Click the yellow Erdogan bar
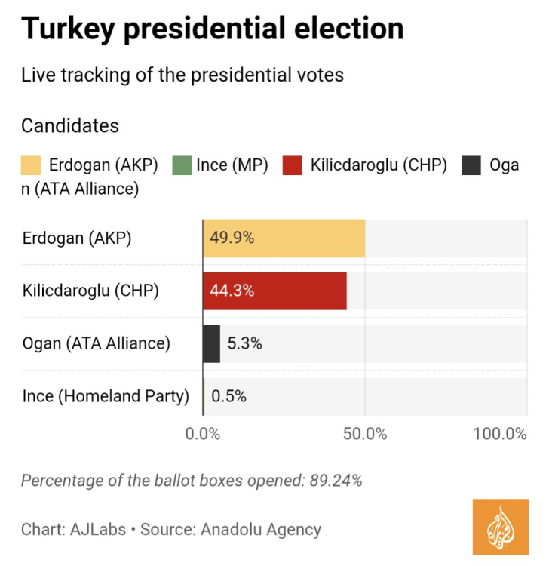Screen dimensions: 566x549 pos(302,238)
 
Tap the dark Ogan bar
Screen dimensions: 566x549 pos(211,343)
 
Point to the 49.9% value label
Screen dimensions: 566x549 pos(232,238)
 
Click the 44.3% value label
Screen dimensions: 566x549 pos(232,291)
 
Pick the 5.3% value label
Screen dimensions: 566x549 pos(244,343)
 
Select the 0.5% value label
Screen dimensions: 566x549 pos(228,396)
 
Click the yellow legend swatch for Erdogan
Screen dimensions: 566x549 pos(31,165)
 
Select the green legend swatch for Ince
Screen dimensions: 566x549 pos(182,165)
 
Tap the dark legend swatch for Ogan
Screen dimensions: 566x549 pos(471,165)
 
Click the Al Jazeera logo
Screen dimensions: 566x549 pos(501,527)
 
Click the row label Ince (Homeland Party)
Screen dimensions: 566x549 pos(106,396)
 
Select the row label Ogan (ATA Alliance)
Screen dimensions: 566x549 pos(97,343)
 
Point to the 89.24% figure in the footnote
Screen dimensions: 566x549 pos(336,481)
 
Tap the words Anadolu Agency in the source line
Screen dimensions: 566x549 pos(261,530)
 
